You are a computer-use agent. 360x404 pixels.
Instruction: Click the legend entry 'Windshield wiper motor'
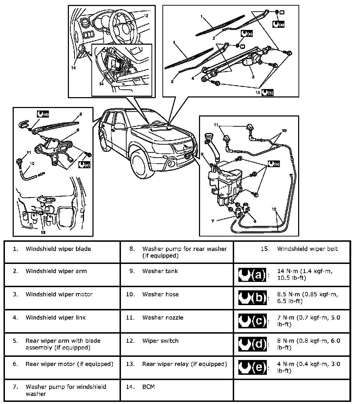pyautogui.click(x=59, y=294)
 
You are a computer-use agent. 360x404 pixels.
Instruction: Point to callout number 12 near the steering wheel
pyautogui.click(x=146, y=16)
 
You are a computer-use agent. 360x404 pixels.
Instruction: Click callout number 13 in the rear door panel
pyautogui.click(x=43, y=232)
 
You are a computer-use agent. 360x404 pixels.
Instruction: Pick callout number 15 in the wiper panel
pyautogui.click(x=258, y=93)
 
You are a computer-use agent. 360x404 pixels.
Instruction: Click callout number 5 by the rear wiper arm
pyautogui.click(x=80, y=114)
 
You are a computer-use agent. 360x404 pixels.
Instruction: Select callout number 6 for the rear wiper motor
pyautogui.click(x=77, y=130)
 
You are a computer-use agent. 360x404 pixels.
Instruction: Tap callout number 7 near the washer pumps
pyautogui.click(x=213, y=221)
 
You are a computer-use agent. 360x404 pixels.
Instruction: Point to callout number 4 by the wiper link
pyautogui.click(x=193, y=78)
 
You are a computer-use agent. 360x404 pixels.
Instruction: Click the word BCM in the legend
pyautogui.click(x=148, y=387)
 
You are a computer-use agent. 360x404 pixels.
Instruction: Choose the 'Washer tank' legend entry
pyautogui.click(x=160, y=271)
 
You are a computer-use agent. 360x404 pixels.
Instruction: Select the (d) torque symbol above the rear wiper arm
pyautogui.click(x=43, y=114)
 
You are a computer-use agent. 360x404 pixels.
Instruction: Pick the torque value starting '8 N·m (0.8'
pyautogui.click(x=308, y=344)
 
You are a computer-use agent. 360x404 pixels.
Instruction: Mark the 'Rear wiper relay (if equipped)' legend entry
pyautogui.click(x=185, y=364)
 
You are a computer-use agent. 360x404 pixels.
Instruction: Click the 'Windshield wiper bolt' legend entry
pyautogui.click(x=307, y=249)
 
